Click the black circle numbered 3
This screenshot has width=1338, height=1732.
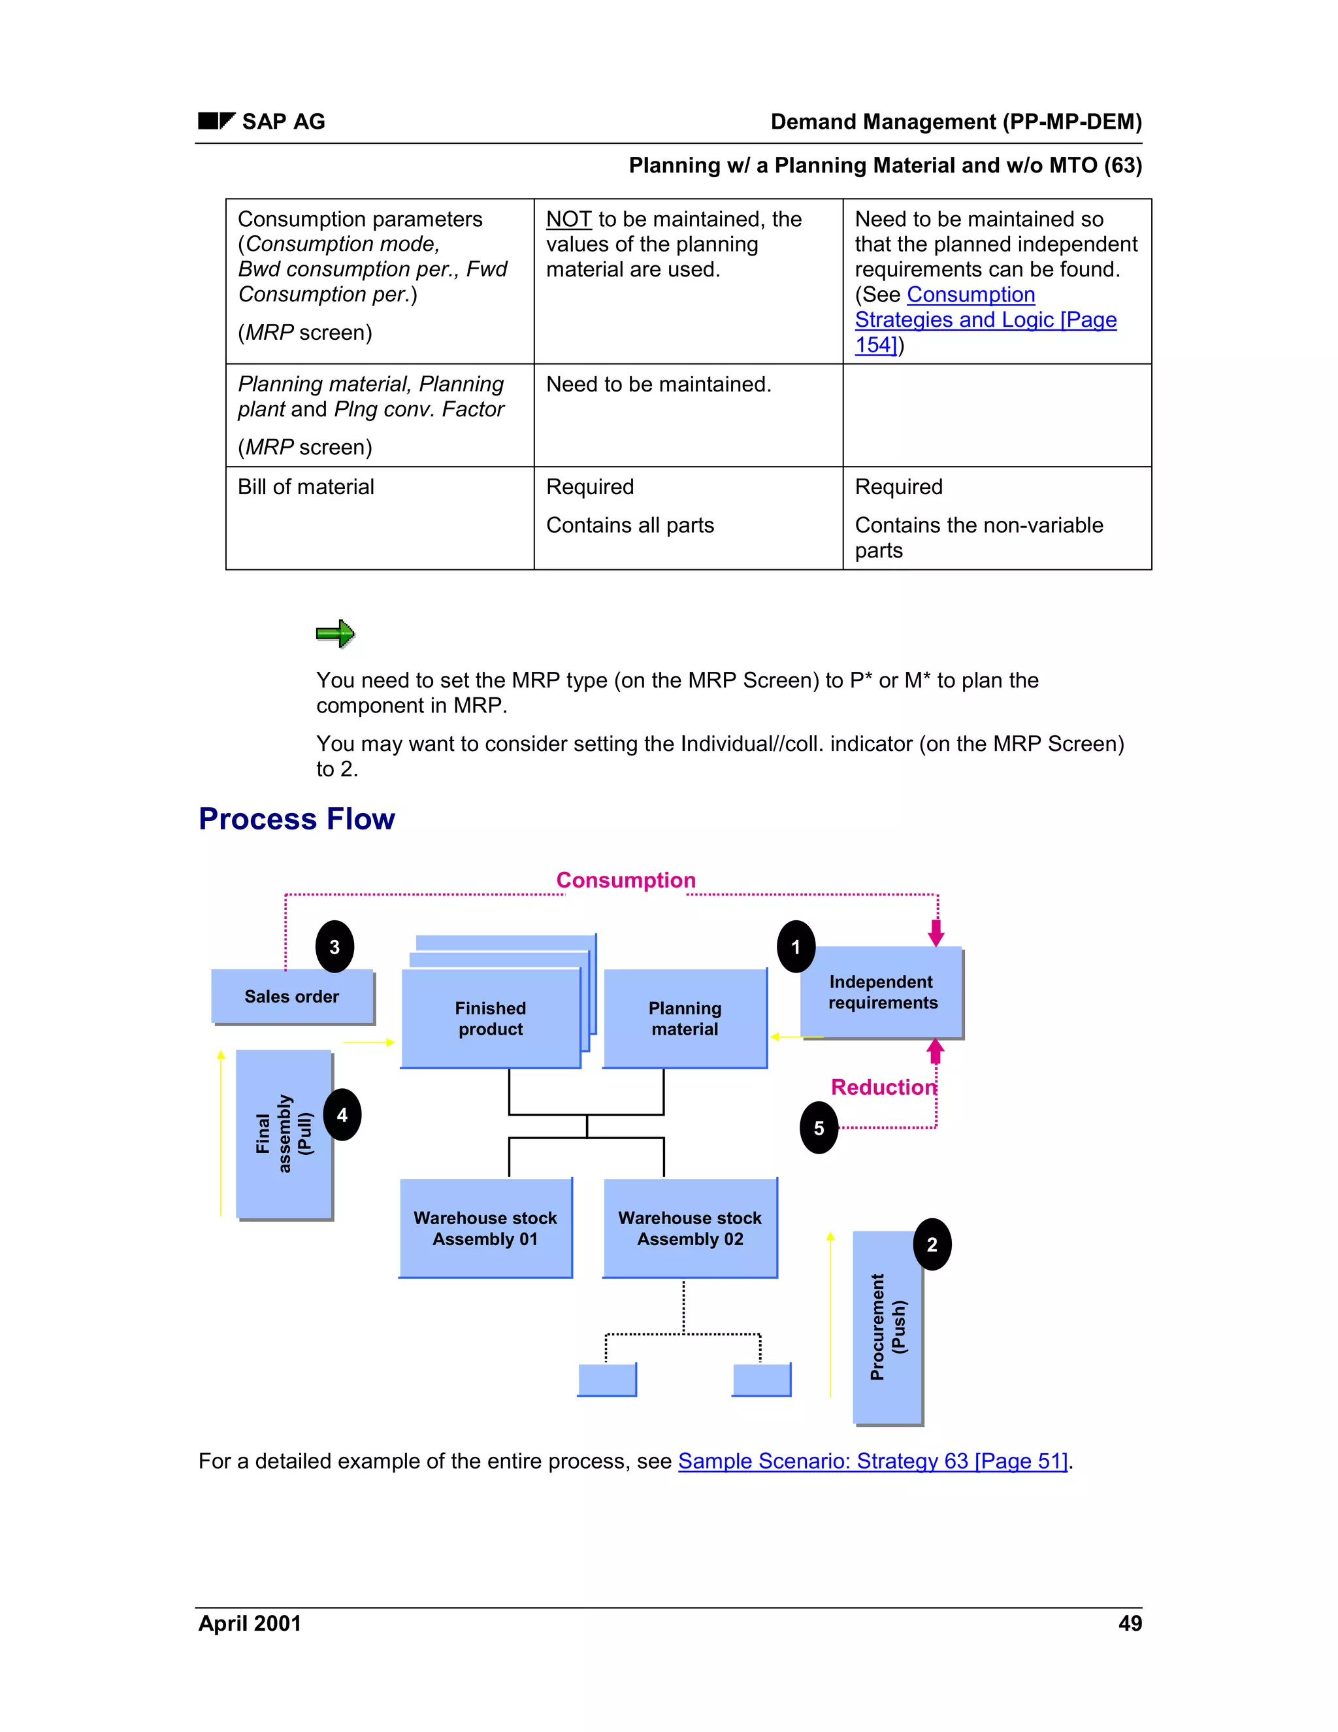tap(334, 946)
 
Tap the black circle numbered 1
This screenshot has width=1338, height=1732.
tap(796, 946)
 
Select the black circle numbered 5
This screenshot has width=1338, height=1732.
tap(819, 1127)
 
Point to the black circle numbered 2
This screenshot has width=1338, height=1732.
tap(932, 1244)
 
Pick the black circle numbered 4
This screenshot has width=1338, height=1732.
tap(342, 1114)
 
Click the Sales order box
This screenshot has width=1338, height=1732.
tap(291, 996)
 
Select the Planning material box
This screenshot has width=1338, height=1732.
tap(685, 1018)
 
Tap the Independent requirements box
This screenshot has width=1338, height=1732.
tap(882, 992)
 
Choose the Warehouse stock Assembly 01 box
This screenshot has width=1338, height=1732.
tap(485, 1227)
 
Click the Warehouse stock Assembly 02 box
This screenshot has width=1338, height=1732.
tap(690, 1227)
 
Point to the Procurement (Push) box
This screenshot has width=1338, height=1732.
tap(887, 1327)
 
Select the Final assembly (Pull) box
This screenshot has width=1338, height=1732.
tap(284, 1133)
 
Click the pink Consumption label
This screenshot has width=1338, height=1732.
tap(625, 880)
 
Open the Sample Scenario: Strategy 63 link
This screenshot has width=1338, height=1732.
tap(873, 1461)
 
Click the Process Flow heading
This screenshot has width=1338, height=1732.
tap(297, 818)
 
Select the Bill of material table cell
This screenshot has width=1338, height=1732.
tap(306, 487)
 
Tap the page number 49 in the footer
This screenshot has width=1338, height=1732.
tap(1130, 1624)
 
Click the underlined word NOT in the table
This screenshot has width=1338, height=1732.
tap(568, 219)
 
